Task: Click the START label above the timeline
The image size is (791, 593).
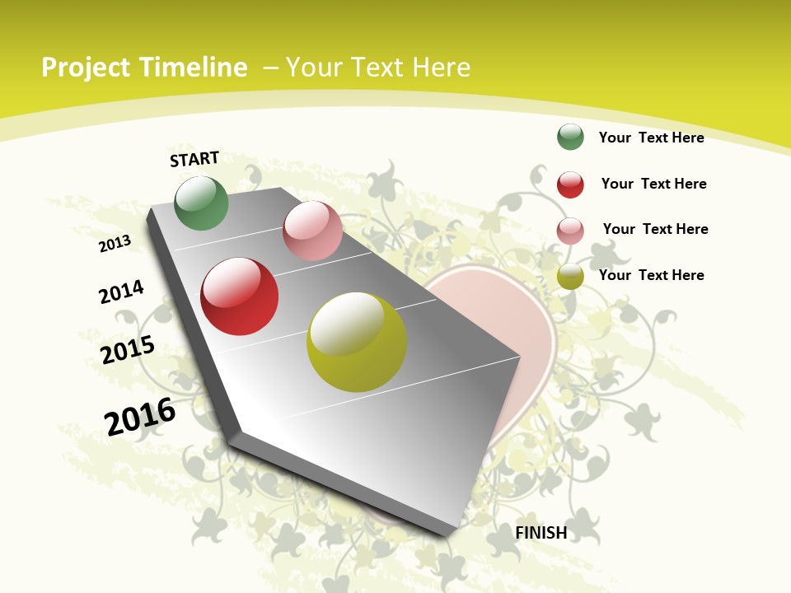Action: (x=194, y=159)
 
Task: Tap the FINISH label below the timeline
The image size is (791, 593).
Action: (x=541, y=533)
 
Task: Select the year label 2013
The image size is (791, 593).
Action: (x=115, y=243)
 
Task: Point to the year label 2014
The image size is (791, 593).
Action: (x=121, y=292)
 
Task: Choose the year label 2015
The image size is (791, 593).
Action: (x=128, y=349)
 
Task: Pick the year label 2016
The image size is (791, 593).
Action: (x=140, y=416)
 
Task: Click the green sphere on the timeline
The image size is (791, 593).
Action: (x=201, y=203)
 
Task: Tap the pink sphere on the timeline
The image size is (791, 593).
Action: (x=312, y=231)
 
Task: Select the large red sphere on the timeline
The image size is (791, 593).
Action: (x=240, y=296)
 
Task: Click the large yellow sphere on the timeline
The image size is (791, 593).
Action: (x=357, y=342)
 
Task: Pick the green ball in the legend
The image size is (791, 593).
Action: (x=570, y=137)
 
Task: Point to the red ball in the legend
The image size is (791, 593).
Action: (x=570, y=184)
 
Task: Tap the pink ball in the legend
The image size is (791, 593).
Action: (x=570, y=231)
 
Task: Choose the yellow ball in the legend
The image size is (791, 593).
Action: (x=570, y=277)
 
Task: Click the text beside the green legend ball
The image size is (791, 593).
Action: (x=651, y=138)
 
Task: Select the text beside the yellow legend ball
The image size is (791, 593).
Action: (x=651, y=275)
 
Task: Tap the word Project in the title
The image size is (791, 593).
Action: (x=87, y=68)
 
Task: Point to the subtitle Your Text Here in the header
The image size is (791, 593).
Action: (x=378, y=68)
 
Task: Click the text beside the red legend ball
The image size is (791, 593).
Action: (x=653, y=184)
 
